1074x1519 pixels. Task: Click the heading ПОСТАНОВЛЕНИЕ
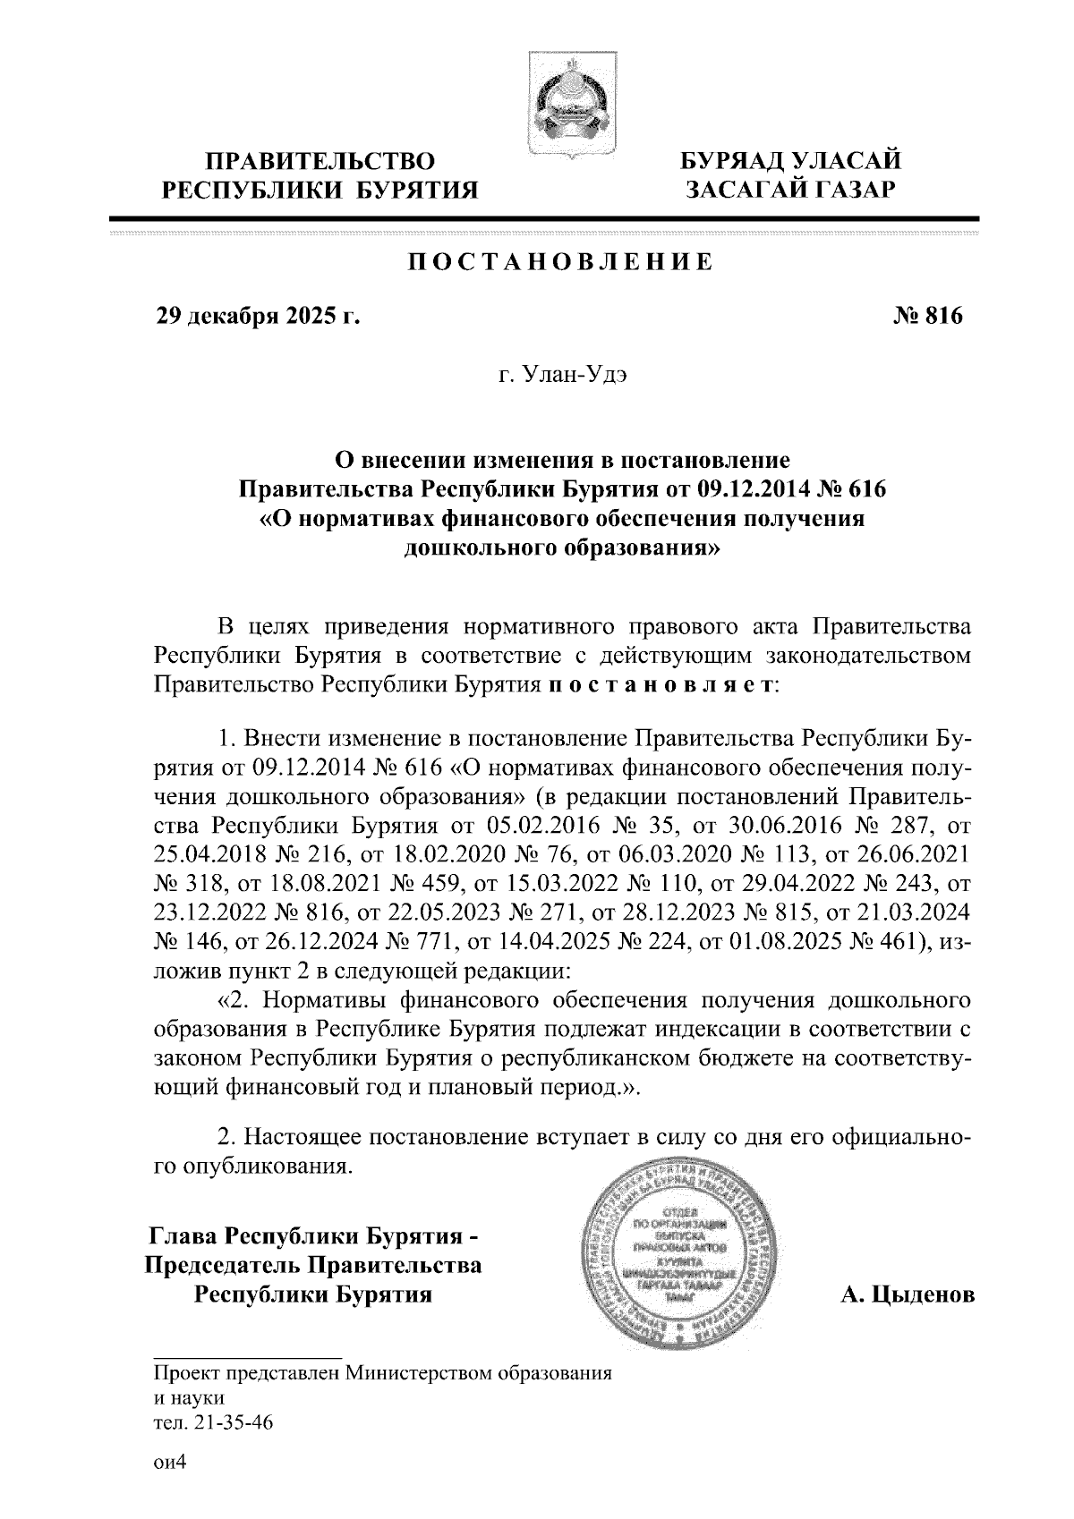(x=561, y=262)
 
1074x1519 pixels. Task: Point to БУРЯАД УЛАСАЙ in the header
(x=788, y=162)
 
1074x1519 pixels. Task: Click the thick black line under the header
(x=544, y=217)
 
